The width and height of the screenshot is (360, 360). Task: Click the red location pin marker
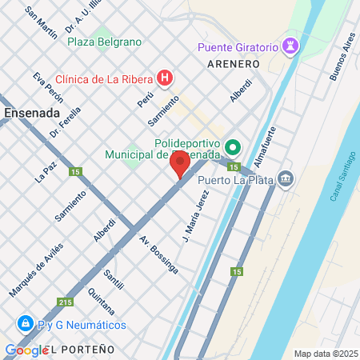pos(179,166)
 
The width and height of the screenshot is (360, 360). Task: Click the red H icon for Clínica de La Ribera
pos(165,78)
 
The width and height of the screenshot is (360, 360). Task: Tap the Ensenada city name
pos(31,113)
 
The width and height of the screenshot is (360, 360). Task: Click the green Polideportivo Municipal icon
pos(233,146)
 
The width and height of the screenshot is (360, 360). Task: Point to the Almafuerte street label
pos(268,146)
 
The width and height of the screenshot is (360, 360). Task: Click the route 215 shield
pos(65,302)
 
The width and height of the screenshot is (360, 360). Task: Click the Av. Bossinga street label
pos(158,254)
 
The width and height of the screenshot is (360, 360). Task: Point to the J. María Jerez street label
pos(194,215)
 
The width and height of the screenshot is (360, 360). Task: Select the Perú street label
pos(145,99)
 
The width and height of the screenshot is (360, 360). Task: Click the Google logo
pos(26,350)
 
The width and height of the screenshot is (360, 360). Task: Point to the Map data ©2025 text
pos(326,354)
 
